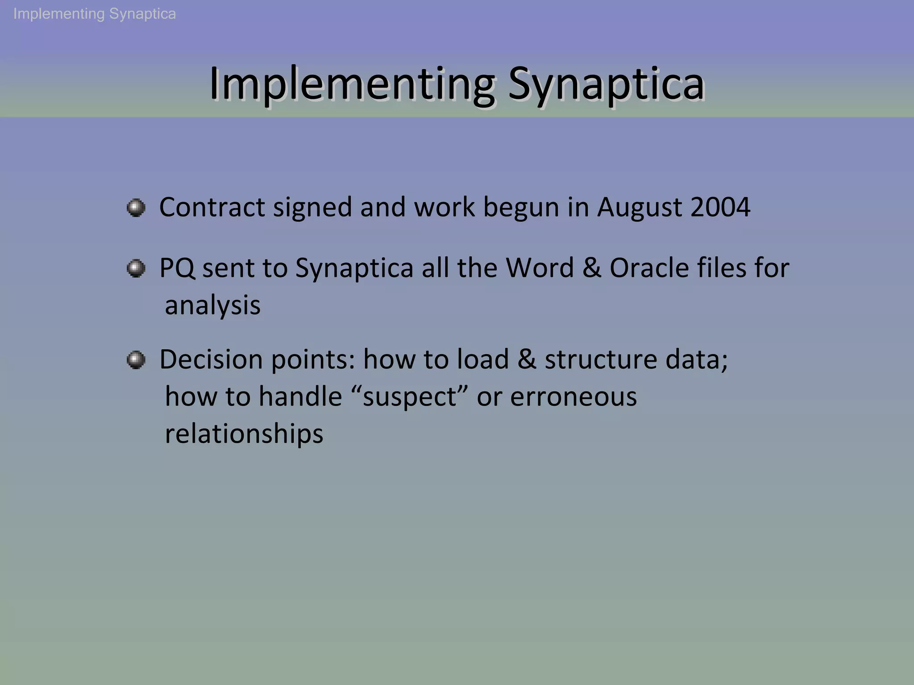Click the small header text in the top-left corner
95,14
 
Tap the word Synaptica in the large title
606,84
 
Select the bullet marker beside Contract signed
136,208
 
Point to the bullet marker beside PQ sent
136,268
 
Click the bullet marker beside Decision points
136,360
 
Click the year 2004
720,207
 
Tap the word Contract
212,207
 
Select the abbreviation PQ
177,268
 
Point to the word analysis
212,306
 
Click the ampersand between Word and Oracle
591,268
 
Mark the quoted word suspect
410,397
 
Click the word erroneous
573,397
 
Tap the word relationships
244,434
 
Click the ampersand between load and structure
527,359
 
